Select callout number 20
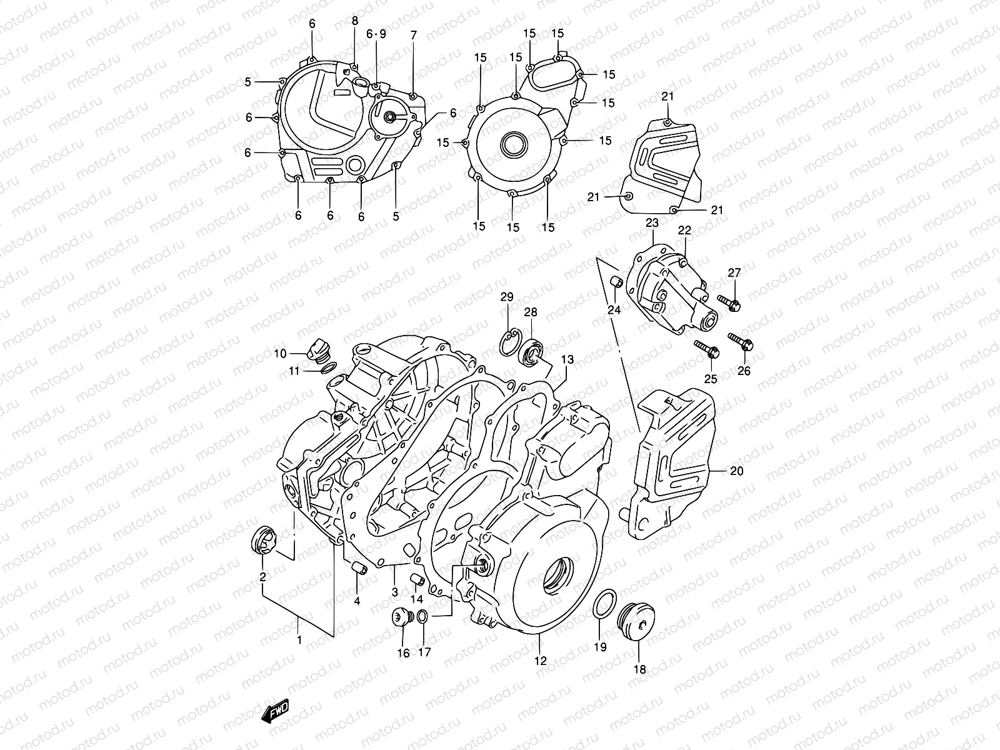click(x=737, y=471)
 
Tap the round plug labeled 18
click(x=633, y=619)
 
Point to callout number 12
click(x=540, y=660)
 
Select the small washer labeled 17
click(x=423, y=617)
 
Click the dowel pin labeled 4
click(x=357, y=568)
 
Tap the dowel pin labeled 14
click(x=417, y=579)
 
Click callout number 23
click(x=652, y=223)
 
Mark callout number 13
click(x=567, y=360)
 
